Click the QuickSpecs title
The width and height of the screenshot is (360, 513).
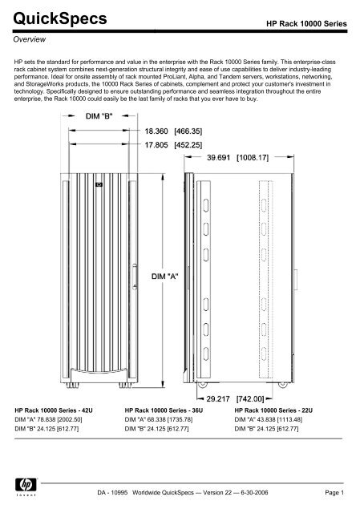click(52, 18)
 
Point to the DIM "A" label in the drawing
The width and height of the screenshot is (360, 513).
click(164, 276)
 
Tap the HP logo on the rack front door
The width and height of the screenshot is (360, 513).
click(99, 183)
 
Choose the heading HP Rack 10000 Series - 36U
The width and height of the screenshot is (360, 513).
click(165, 408)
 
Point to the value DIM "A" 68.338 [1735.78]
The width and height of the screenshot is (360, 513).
click(164, 418)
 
